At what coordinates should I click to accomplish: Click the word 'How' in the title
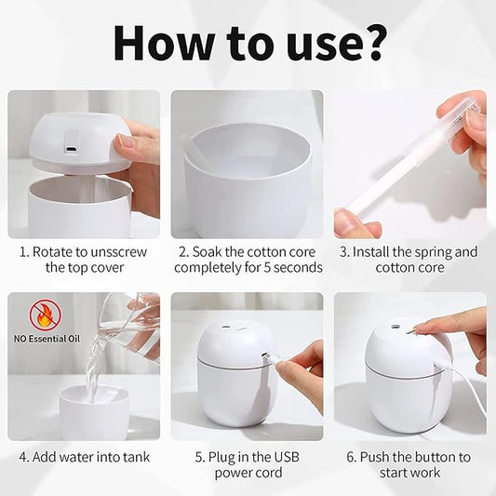(x=161, y=44)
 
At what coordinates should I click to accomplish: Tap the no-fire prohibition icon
(x=46, y=315)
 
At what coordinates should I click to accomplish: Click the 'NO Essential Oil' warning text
(x=47, y=339)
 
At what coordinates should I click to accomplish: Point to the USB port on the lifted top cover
(x=70, y=149)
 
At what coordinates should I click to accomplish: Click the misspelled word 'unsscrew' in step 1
(x=118, y=252)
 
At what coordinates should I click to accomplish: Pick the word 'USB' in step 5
(x=287, y=457)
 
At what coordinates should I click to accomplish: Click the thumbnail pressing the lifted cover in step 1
(x=126, y=141)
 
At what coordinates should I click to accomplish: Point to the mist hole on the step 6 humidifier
(x=395, y=325)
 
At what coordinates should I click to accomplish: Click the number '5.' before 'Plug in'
(x=200, y=458)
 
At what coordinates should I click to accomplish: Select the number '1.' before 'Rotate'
(x=24, y=252)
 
